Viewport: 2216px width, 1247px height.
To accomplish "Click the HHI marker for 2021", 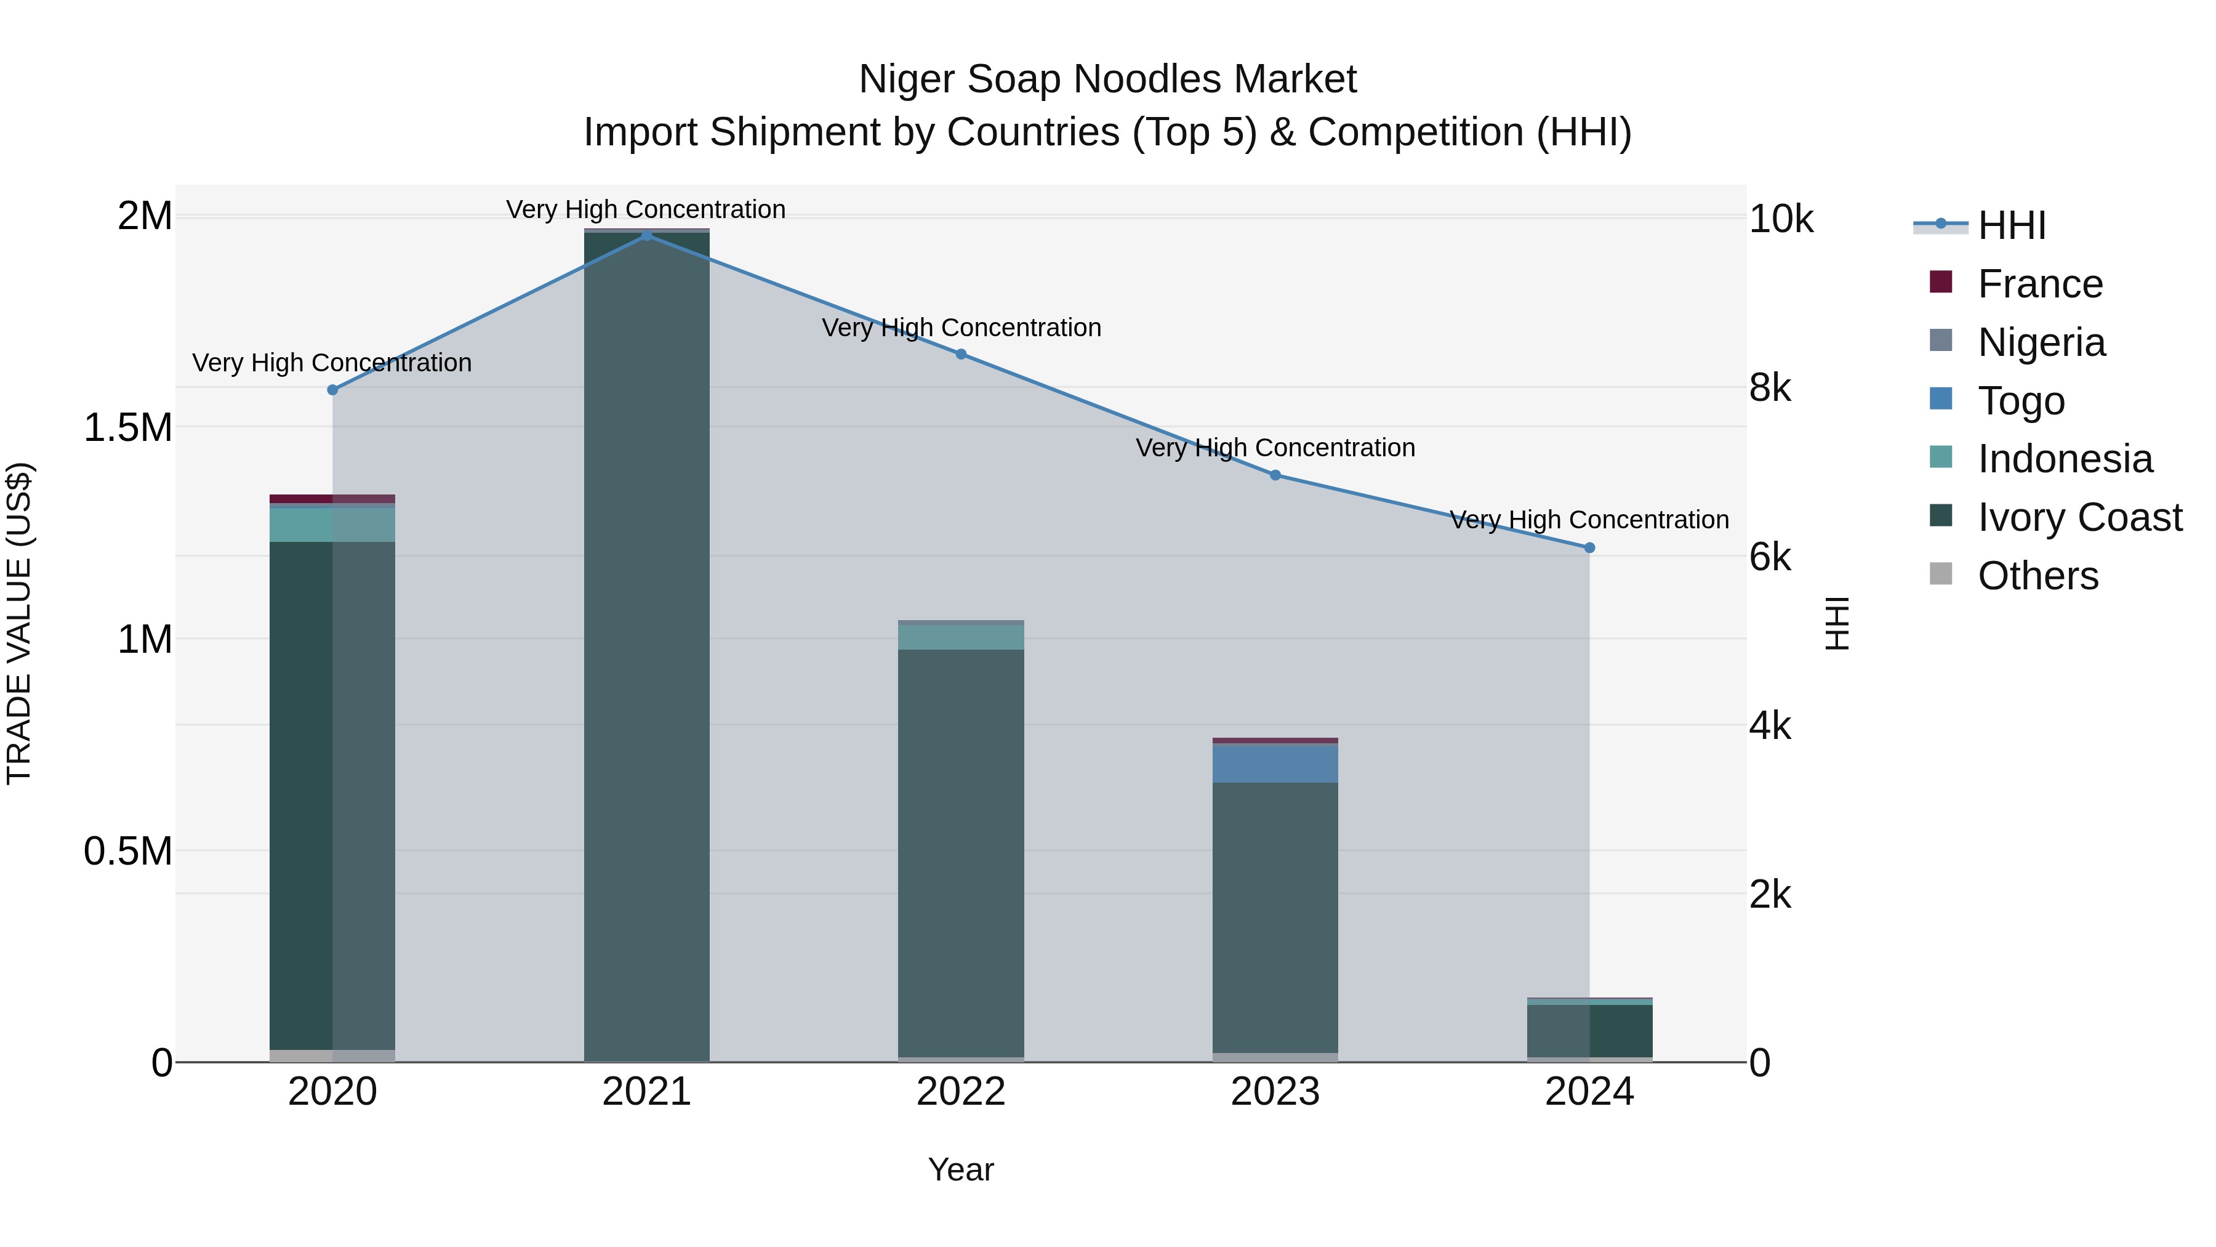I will click(x=647, y=235).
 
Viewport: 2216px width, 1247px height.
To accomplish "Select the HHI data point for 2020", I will click(x=333, y=390).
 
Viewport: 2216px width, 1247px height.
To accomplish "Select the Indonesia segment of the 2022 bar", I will click(x=961, y=637).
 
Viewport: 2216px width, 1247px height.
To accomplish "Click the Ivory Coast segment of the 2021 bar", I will click(x=647, y=645).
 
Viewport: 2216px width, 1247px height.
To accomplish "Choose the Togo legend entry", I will click(x=2021, y=401).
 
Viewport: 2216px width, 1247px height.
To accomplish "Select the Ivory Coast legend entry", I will click(x=2079, y=517).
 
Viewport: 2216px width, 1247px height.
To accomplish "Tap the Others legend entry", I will click(x=2037, y=576).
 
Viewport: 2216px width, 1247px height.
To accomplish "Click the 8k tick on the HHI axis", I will click(x=1770, y=388).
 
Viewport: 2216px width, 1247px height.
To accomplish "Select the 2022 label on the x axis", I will click(x=961, y=1092).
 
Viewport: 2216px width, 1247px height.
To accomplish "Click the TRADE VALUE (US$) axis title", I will click(x=20, y=623).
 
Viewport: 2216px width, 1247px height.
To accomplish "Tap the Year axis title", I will click(x=961, y=1169).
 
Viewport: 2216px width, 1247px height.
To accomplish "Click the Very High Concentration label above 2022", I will click(x=961, y=328).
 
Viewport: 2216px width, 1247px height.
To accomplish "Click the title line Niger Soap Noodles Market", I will click(x=1107, y=79).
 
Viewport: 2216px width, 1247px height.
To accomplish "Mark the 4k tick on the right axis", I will click(x=1770, y=727).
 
